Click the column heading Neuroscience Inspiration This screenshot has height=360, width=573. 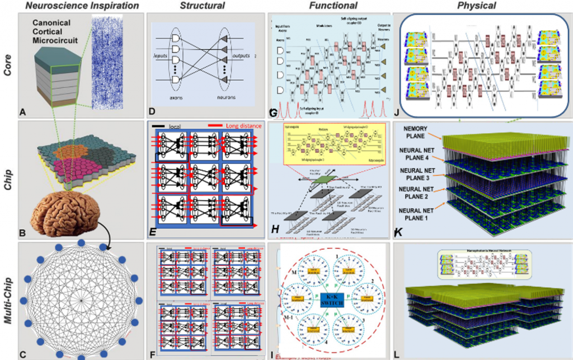click(x=79, y=6)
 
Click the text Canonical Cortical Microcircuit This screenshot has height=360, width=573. click(x=59, y=32)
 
